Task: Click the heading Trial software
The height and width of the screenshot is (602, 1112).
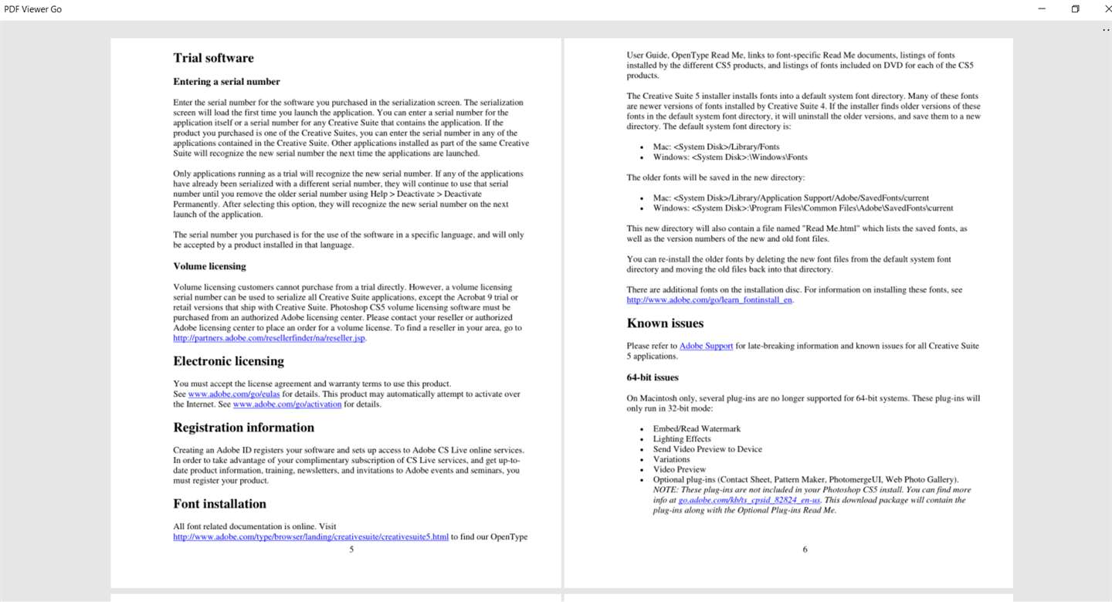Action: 213,58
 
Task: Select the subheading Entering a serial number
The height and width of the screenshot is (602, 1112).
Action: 226,82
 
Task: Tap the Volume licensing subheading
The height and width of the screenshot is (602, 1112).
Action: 209,266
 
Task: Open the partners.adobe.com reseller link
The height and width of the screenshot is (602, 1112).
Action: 269,338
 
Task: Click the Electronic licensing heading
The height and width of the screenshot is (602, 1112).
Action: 229,361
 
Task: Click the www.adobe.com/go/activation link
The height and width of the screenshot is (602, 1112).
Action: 286,404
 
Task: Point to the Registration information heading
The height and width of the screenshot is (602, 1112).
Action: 243,428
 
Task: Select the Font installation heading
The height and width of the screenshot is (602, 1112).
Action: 219,504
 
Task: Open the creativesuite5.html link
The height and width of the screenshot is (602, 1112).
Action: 310,537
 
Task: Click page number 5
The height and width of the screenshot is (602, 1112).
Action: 351,550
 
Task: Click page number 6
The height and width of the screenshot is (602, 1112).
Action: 805,550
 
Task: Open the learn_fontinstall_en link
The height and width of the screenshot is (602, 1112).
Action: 709,300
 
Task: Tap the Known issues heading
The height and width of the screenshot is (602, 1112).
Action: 665,323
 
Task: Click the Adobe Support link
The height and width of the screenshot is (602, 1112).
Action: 706,347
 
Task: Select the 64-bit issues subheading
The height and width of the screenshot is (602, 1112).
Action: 653,377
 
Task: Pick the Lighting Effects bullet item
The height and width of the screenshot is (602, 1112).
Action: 681,439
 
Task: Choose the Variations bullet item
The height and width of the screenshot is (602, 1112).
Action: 671,459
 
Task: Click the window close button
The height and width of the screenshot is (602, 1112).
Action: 1098,9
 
